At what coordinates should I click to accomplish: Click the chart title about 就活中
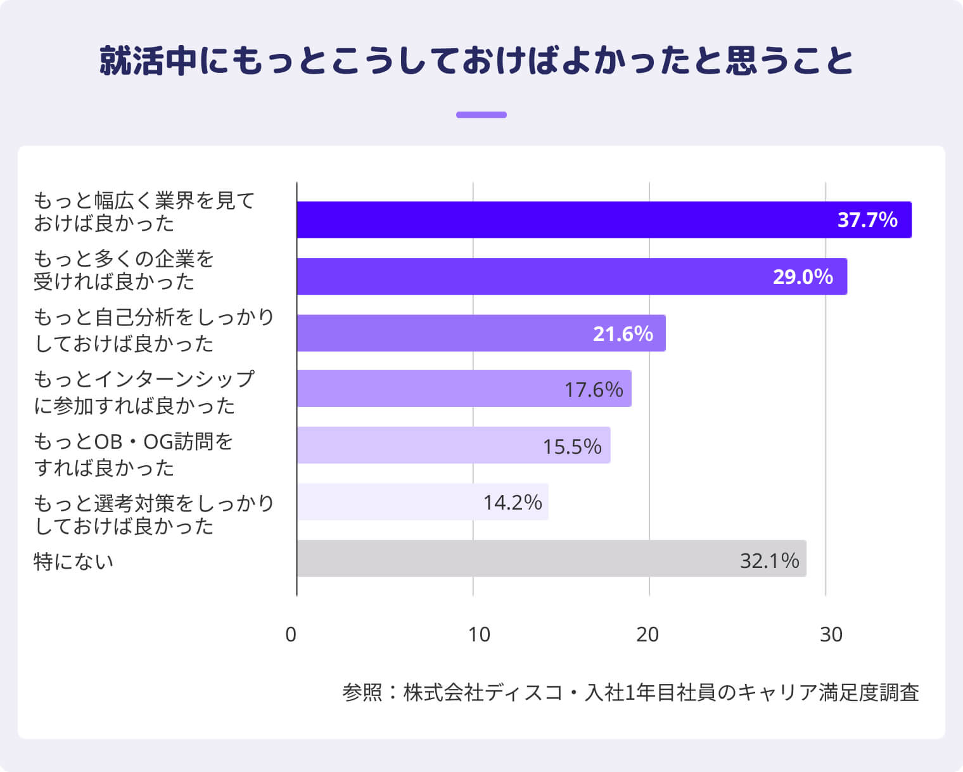click(x=476, y=61)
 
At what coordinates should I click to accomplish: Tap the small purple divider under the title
click(x=481, y=115)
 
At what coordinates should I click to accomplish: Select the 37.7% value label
click(x=867, y=220)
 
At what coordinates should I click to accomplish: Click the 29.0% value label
click(x=802, y=277)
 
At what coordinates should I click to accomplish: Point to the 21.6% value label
click(x=622, y=333)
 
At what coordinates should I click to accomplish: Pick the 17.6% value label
click(x=594, y=389)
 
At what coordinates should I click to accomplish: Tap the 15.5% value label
click(x=572, y=446)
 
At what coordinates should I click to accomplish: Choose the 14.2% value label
click(x=512, y=503)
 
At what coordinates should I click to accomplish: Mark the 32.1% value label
click(x=769, y=560)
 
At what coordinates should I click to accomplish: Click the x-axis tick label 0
click(x=291, y=634)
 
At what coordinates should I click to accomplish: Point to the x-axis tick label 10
click(x=479, y=634)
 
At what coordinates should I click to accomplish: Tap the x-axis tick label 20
click(x=647, y=634)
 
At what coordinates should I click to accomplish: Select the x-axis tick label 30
click(x=831, y=634)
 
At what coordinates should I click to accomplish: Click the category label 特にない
click(x=73, y=562)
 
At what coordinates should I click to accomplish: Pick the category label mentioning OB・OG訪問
click(x=133, y=454)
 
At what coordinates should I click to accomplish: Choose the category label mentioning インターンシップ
click(x=144, y=392)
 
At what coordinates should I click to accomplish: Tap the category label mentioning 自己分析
click(x=153, y=330)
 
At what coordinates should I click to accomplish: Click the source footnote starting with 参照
click(x=630, y=692)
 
